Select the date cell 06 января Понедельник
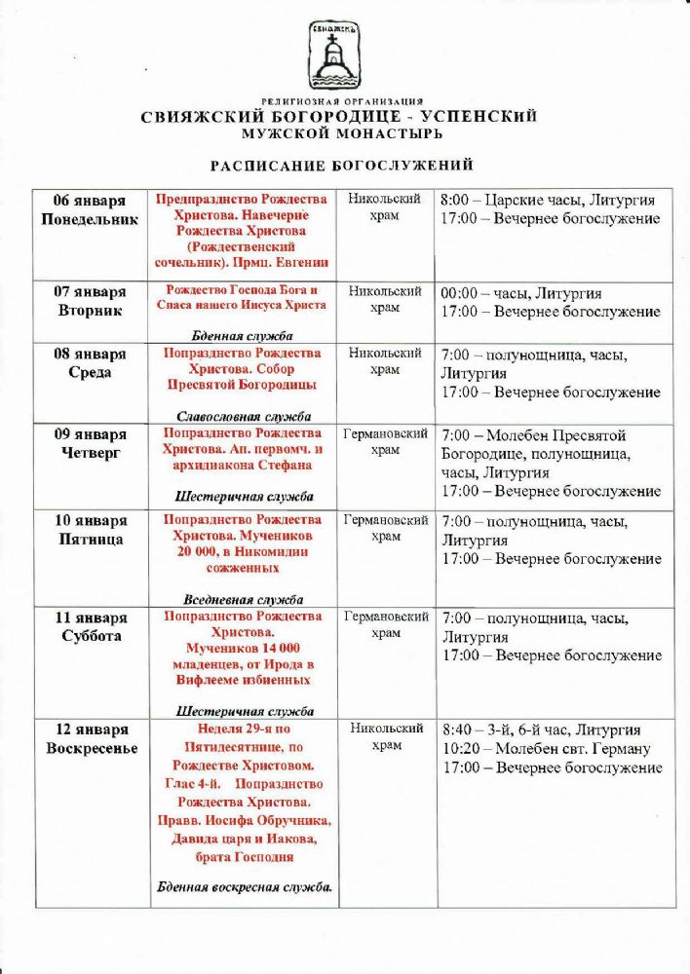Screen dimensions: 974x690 tap(90, 209)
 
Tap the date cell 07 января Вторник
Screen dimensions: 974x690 tap(90, 301)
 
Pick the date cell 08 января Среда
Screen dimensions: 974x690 tap(90, 362)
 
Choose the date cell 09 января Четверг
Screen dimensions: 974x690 tap(90, 443)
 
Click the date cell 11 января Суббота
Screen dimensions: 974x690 tap(90, 626)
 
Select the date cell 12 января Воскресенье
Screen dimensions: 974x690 tap(90, 738)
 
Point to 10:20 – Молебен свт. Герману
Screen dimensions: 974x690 tap(546, 749)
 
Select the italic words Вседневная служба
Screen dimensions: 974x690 tap(243, 600)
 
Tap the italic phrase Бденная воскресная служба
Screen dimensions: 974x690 tap(244, 887)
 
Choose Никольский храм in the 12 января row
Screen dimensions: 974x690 tap(386, 736)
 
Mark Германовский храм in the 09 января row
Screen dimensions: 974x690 tap(386, 441)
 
